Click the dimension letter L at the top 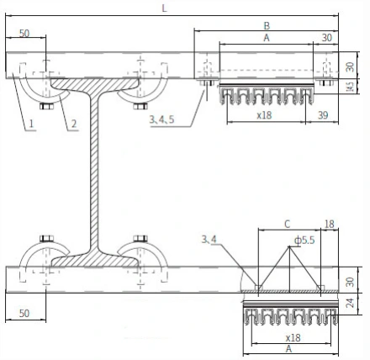click(x=164, y=8)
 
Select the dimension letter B click(x=267, y=26)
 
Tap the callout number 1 click(x=31, y=124)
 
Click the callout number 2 click(x=74, y=124)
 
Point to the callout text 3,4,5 click(x=161, y=119)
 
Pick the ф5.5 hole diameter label click(x=304, y=241)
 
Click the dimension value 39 click(x=323, y=115)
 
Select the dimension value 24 click(x=350, y=303)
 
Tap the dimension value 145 click(x=350, y=87)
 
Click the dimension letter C click(x=288, y=225)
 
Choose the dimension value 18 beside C click(x=330, y=225)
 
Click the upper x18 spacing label click(x=265, y=115)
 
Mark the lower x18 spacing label click(x=293, y=338)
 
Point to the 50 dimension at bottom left click(x=24, y=313)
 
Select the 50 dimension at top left click(x=24, y=34)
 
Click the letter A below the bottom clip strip click(x=288, y=349)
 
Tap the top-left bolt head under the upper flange click(x=46, y=106)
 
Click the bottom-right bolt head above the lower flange click(x=140, y=239)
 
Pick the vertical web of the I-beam click(x=94, y=171)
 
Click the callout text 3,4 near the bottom click(x=209, y=240)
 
